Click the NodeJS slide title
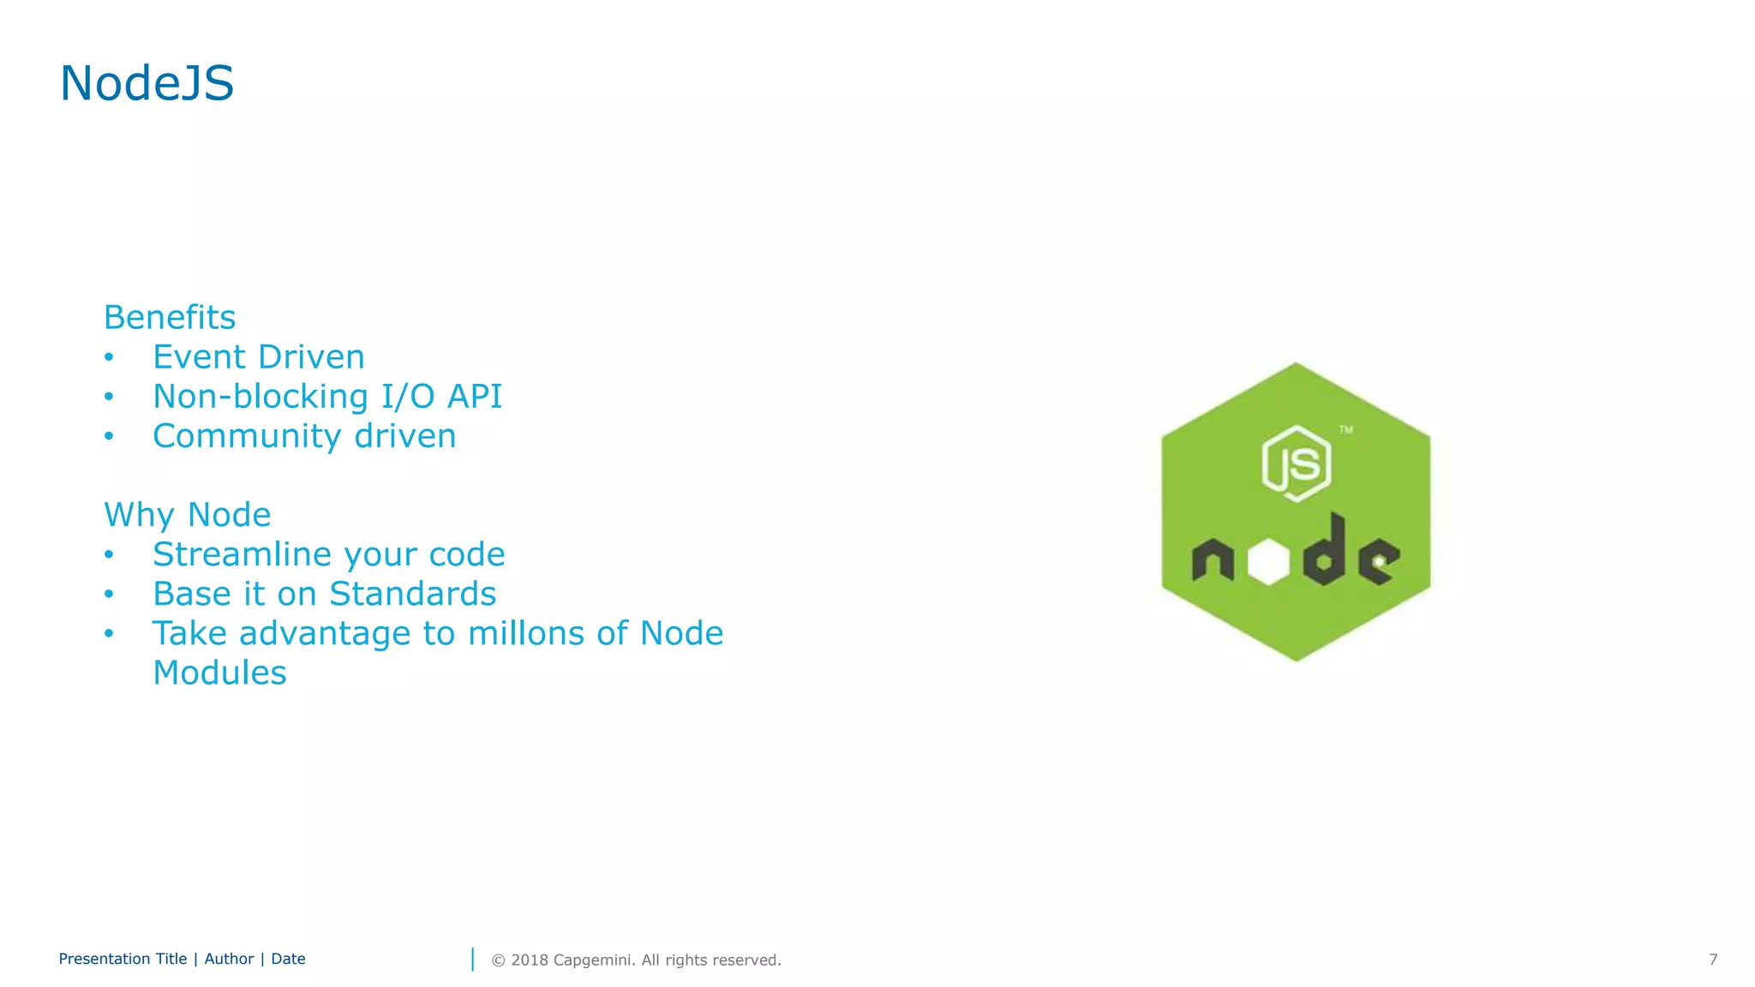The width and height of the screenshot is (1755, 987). (147, 84)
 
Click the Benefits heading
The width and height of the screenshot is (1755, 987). (169, 317)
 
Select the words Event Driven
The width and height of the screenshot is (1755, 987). (258, 356)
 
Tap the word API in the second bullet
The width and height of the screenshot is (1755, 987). (475, 396)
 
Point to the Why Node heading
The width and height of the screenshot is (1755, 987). (187, 514)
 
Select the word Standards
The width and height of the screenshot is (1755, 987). (412, 594)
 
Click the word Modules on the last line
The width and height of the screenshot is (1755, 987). (219, 673)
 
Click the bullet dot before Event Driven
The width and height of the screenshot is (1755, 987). (109, 357)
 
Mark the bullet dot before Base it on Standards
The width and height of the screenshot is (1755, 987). (109, 595)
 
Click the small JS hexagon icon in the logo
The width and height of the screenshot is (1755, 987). (1296, 464)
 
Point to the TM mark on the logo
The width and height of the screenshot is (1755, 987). (1346, 430)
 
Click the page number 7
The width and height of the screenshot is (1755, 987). (1712, 960)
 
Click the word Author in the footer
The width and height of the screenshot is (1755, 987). (229, 959)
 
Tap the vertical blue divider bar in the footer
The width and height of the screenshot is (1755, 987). (472, 960)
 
